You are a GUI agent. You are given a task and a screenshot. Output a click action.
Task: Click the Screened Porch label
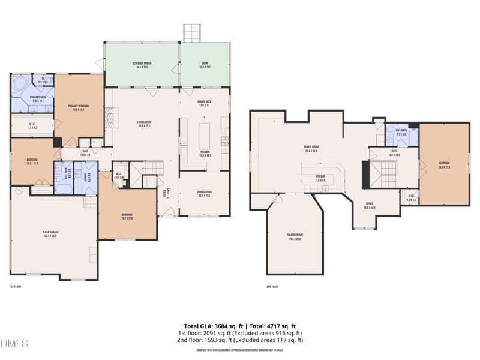pos(142,65)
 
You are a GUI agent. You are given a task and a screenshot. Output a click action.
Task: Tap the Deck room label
pos(206,65)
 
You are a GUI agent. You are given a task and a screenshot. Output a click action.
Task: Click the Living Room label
pos(144,124)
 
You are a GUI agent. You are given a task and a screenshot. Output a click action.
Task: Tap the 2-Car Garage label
pos(53,234)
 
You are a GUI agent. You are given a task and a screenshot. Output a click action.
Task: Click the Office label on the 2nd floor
pos(370,206)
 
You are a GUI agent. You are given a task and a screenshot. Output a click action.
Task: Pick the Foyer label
pos(164,194)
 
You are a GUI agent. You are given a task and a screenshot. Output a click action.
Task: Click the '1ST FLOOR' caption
pos(16,286)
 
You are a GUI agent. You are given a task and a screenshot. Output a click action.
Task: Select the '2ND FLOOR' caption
pos(272,286)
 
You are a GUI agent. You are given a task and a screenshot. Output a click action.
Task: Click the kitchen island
pos(205,136)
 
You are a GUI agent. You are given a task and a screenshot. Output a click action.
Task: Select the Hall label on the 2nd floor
pos(394,153)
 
